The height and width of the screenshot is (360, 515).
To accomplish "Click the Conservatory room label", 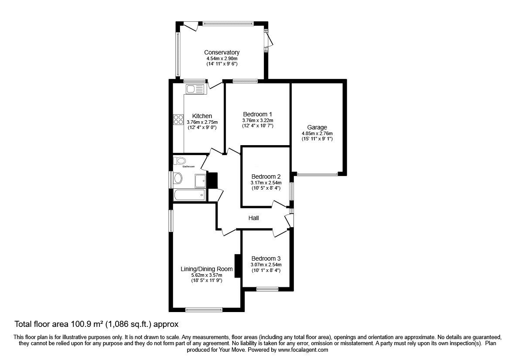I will [x=222, y=52].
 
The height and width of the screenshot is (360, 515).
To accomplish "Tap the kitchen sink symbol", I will [x=194, y=89].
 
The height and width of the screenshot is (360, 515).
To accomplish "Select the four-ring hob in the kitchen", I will [x=178, y=119].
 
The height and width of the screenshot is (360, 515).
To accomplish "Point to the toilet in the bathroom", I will [x=181, y=160].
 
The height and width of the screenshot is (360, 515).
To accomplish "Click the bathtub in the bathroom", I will [x=189, y=195].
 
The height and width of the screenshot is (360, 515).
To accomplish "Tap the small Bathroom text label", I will [x=188, y=166].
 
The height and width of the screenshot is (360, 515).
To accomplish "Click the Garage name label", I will [x=317, y=127].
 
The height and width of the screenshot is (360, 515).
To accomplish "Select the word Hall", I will [x=253, y=217].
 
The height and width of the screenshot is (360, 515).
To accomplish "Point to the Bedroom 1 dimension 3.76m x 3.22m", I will [x=257, y=120].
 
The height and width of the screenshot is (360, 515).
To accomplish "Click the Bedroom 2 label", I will [x=266, y=176].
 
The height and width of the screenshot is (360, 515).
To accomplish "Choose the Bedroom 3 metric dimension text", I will [x=266, y=265].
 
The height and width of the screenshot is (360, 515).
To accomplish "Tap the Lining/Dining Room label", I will [x=207, y=269].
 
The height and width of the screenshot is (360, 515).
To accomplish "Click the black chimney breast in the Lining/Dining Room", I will [x=238, y=266].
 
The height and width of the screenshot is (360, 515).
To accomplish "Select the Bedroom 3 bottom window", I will [x=267, y=289].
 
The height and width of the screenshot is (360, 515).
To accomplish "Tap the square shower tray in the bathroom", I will [x=201, y=181].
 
